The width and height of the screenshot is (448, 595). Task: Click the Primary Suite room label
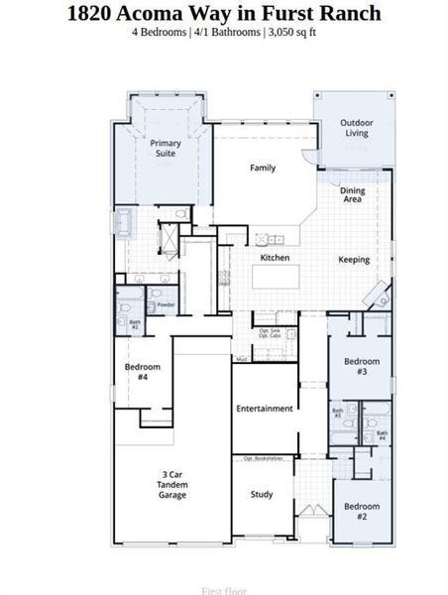[166, 149]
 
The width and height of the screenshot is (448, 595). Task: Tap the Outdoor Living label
[355, 128]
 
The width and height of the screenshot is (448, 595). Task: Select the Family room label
[263, 169]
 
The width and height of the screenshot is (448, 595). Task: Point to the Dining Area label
[351, 194]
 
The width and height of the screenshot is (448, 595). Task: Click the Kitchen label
[275, 258]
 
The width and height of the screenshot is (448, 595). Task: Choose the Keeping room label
[354, 260]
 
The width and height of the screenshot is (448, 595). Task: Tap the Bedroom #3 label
[362, 367]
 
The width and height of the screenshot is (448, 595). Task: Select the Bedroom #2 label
[362, 512]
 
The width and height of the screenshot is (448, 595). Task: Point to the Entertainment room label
[265, 409]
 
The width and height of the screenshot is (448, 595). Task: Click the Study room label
[262, 494]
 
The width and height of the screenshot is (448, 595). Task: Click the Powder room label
[166, 304]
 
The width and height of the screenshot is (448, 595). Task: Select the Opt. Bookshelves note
[263, 459]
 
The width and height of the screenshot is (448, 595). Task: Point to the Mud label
[241, 358]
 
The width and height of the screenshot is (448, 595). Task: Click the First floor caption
[223, 591]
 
